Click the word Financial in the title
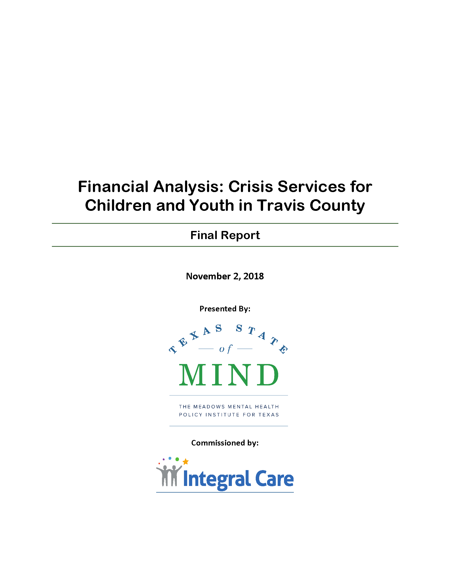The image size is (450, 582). (x=113, y=187)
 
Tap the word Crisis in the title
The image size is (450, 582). (x=251, y=187)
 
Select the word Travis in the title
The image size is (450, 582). (x=281, y=206)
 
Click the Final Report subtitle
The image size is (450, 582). (x=225, y=235)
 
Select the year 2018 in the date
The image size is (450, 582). (x=254, y=276)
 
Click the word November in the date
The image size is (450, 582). (x=208, y=276)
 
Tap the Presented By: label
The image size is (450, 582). (x=225, y=308)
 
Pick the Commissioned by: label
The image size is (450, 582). (x=225, y=443)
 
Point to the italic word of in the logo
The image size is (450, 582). (x=226, y=349)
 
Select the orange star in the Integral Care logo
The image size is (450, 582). (x=186, y=462)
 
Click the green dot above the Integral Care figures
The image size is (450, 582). (x=177, y=459)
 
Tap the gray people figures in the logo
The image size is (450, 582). (x=169, y=475)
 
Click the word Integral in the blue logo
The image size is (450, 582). (x=217, y=479)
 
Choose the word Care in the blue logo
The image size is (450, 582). (x=274, y=479)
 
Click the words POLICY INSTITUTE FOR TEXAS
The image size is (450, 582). (x=229, y=415)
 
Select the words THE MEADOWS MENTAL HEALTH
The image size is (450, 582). (x=229, y=407)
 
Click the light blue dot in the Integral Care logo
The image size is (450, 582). (x=170, y=458)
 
